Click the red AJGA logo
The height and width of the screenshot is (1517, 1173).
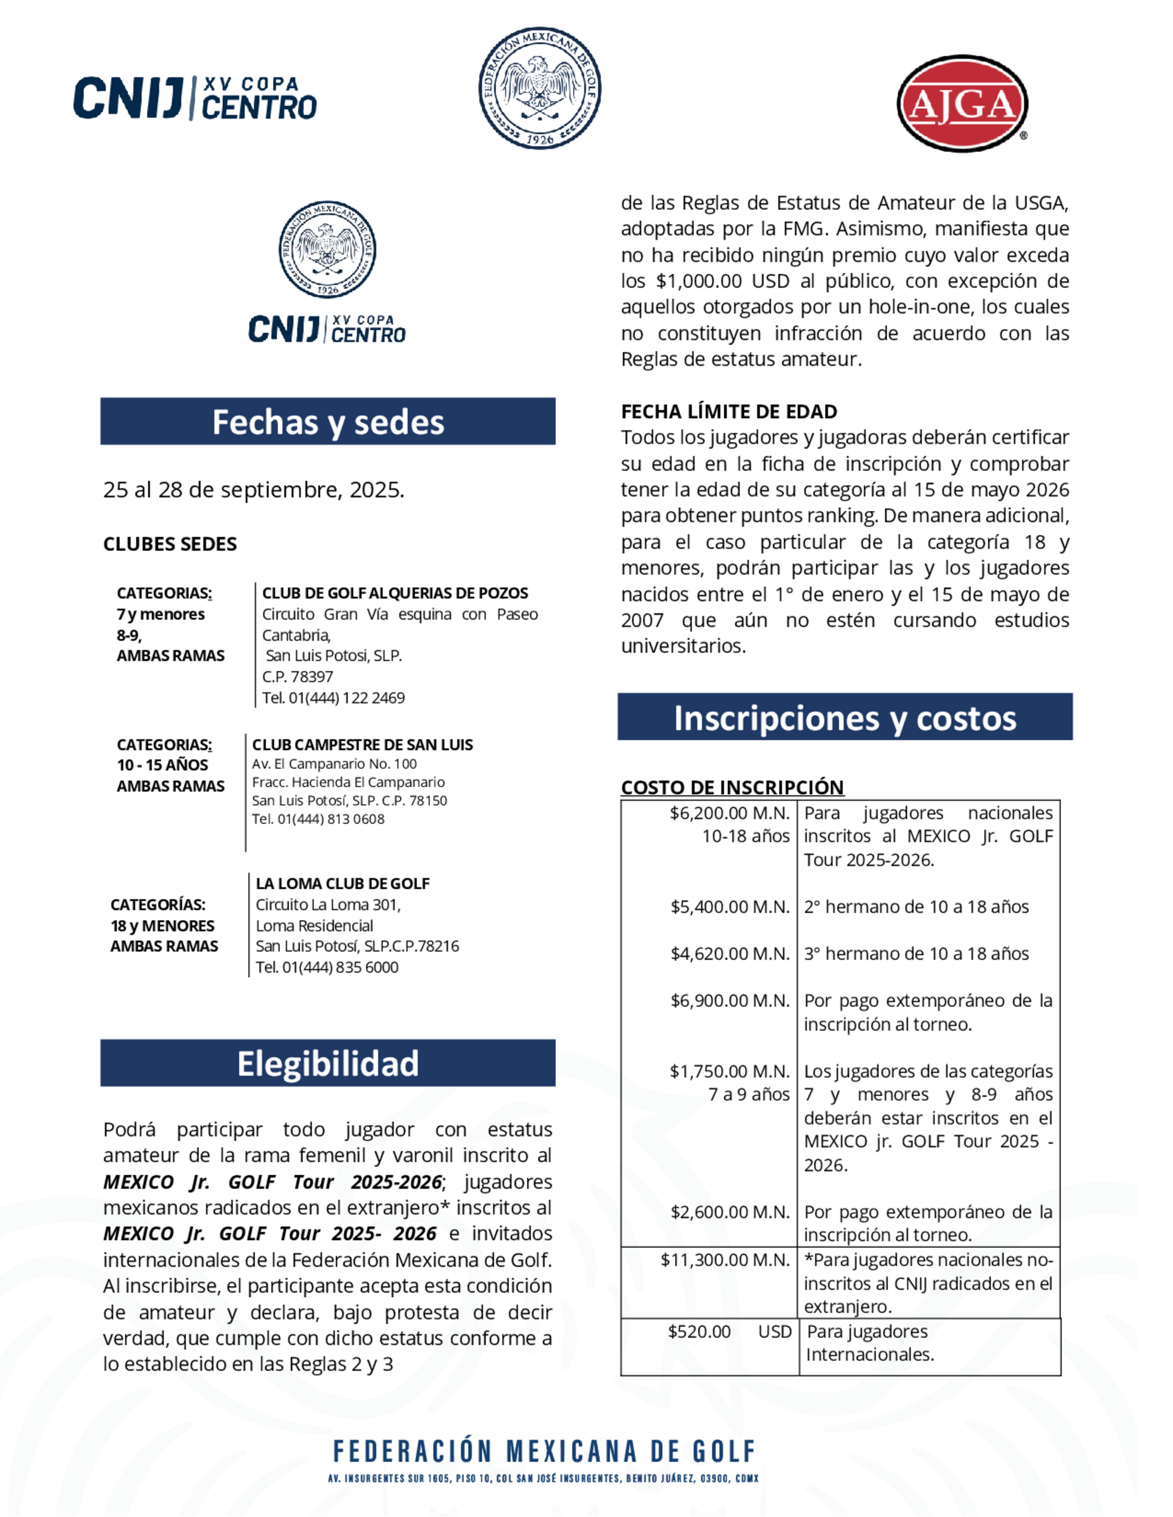962,104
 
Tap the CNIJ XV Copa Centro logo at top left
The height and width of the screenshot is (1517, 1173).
195,98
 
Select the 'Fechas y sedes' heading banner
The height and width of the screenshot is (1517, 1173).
327,421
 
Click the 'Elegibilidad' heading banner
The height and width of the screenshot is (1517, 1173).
327,1063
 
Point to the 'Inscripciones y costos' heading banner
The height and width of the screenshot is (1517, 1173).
845,717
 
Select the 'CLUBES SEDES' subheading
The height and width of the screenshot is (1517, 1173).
170,544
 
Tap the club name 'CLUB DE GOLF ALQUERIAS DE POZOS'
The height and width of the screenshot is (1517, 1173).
395,593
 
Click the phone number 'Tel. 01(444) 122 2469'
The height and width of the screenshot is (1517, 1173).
333,698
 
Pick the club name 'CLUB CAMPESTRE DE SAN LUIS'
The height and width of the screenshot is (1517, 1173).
362,744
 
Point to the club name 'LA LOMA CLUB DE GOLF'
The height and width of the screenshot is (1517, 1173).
343,883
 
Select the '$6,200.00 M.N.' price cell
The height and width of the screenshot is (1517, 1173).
730,814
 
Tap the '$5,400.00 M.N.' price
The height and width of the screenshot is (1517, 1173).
730,907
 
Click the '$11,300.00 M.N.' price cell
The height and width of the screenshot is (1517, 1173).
725,1260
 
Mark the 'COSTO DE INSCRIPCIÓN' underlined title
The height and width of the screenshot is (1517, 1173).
732,787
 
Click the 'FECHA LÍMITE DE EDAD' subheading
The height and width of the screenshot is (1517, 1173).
729,412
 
